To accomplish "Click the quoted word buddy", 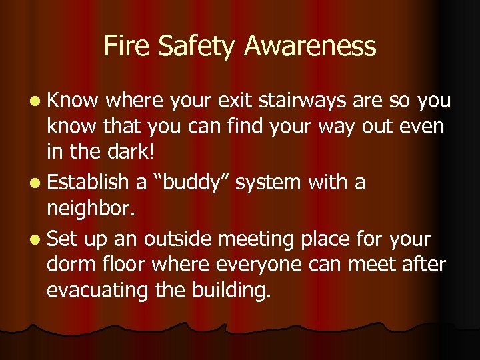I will pos(187,182).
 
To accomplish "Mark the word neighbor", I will pos(91,211).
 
